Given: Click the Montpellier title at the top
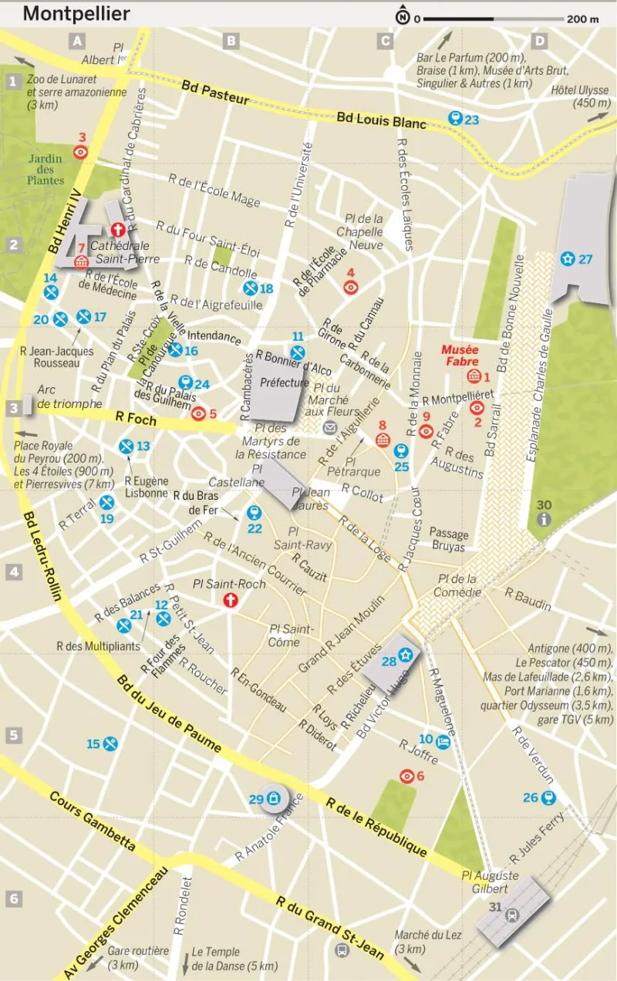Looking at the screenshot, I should [x=76, y=14].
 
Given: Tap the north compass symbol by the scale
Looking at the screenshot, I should [x=403, y=17].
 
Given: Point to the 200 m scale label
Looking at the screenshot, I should [x=583, y=19].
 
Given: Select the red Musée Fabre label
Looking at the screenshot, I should [x=460, y=356].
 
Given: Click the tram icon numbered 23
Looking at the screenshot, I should [x=455, y=119].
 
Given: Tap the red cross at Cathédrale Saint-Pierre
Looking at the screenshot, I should [x=118, y=230].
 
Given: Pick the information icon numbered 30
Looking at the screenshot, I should [x=545, y=520].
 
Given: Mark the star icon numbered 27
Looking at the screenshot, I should [x=568, y=258].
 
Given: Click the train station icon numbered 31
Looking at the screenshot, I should [x=511, y=915].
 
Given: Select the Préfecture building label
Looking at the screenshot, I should [x=284, y=383].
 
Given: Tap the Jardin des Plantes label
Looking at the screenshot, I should [x=46, y=170].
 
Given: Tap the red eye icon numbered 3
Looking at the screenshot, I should [x=80, y=152].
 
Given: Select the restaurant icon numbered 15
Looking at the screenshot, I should [x=111, y=743].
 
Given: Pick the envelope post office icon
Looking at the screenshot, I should [x=330, y=428].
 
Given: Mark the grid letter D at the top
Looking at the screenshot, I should [x=540, y=41].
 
